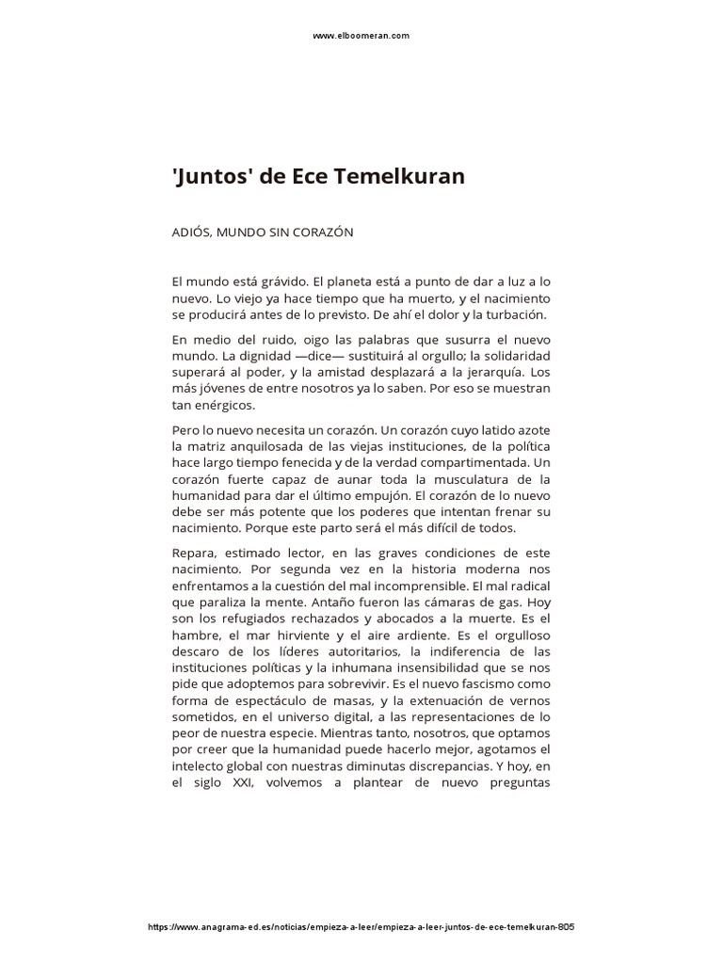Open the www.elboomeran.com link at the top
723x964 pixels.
click(361, 36)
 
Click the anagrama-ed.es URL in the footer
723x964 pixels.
click(361, 900)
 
